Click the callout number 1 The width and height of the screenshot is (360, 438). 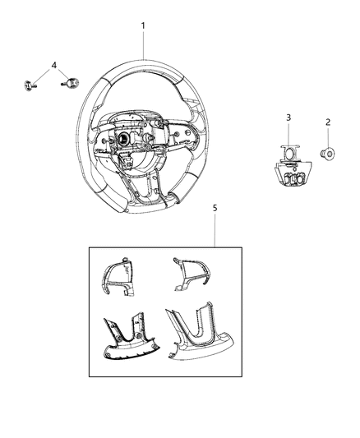143,26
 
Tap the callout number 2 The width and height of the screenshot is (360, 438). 328,122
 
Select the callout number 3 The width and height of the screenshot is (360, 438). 288,118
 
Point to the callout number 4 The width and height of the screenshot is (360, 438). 54,66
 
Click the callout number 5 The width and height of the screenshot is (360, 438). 215,208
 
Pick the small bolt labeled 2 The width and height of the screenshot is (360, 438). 327,154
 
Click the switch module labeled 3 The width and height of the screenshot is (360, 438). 293,165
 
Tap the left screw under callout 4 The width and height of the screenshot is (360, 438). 30,85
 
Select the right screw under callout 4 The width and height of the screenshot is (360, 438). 71,83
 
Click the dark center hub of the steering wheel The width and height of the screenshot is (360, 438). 123,139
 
